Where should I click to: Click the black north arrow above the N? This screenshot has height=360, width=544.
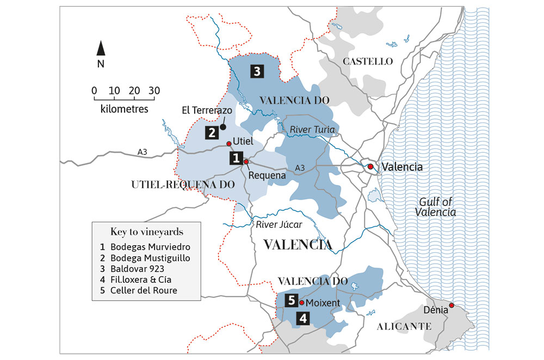coord(101,48)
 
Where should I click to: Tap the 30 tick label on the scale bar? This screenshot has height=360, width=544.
coord(154,90)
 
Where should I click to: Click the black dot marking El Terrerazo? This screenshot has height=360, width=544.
coord(223,127)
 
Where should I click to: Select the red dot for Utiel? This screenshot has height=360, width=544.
coord(229,144)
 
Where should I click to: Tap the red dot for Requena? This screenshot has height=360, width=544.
coord(246,162)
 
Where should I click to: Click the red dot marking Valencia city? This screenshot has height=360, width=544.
coord(370,166)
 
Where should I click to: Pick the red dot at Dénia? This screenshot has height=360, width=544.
coord(451,305)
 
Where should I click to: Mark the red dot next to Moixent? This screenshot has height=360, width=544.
coord(301,302)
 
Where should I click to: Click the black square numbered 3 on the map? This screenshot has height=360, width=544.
coord(257,71)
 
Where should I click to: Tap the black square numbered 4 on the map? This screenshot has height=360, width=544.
coord(302,319)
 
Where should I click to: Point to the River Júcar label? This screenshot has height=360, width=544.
coord(277,224)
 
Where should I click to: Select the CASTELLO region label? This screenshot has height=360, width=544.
coord(367,61)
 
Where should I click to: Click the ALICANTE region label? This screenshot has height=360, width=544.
coord(404,326)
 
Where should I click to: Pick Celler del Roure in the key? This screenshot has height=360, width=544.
coord(144,290)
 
